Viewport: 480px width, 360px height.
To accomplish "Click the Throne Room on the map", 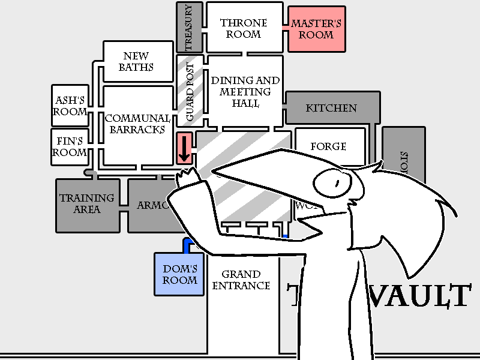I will pyautogui.click(x=244, y=28).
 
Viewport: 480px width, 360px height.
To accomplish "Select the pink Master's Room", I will pyautogui.click(x=316, y=29).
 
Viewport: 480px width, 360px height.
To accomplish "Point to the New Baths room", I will pyautogui.click(x=136, y=61).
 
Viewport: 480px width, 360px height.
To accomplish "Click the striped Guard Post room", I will pyautogui.click(x=190, y=90).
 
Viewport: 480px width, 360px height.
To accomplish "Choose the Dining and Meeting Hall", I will pyautogui.click(x=244, y=91).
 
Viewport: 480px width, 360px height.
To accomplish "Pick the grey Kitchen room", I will pyautogui.click(x=331, y=108).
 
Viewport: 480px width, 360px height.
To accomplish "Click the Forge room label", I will pyautogui.click(x=329, y=146).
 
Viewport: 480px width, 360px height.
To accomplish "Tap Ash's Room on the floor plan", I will pyautogui.click(x=70, y=106).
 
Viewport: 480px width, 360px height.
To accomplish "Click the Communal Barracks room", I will pyautogui.click(x=138, y=124).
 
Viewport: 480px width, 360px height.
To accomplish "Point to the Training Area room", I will pyautogui.click(x=87, y=203).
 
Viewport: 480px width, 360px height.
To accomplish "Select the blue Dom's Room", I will pyautogui.click(x=180, y=274).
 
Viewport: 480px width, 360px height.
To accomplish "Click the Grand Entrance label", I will pyautogui.click(x=241, y=280).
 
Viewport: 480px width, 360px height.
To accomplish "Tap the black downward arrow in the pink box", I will pyautogui.click(x=184, y=149).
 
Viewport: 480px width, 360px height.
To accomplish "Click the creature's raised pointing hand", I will pyautogui.click(x=187, y=178).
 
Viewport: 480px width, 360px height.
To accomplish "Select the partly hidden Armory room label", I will pyautogui.click(x=150, y=205).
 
